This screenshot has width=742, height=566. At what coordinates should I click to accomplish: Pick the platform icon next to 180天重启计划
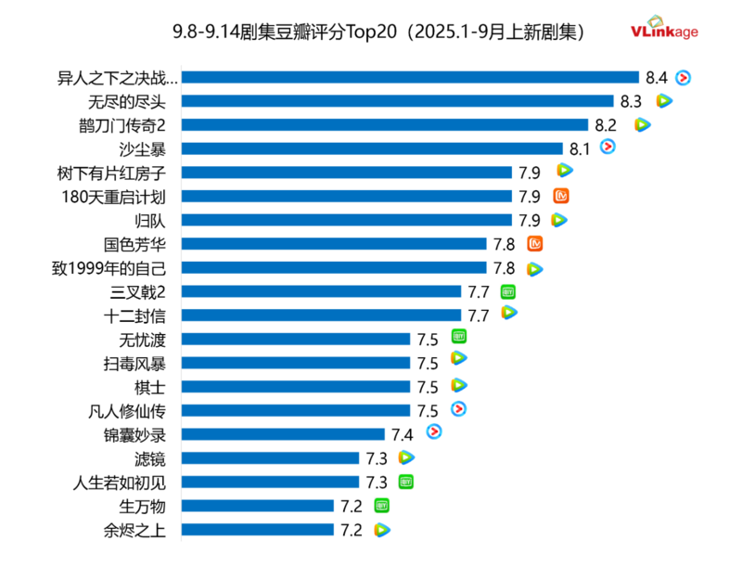point(560,196)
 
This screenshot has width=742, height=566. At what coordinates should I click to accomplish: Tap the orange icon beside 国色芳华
point(534,244)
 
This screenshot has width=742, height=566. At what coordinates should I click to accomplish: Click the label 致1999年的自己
point(111,268)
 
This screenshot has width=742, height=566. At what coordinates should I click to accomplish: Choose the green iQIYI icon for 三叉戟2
point(508,291)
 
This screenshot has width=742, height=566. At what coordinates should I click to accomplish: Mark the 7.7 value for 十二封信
point(479,315)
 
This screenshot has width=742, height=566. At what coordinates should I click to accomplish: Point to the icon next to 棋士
point(458,385)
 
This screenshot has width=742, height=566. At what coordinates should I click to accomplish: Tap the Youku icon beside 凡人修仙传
point(458,409)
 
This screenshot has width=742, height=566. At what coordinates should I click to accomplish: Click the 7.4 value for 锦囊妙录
point(402,434)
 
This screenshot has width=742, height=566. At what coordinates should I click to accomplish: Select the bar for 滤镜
point(270,457)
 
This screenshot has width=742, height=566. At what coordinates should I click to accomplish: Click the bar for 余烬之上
point(257,530)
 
